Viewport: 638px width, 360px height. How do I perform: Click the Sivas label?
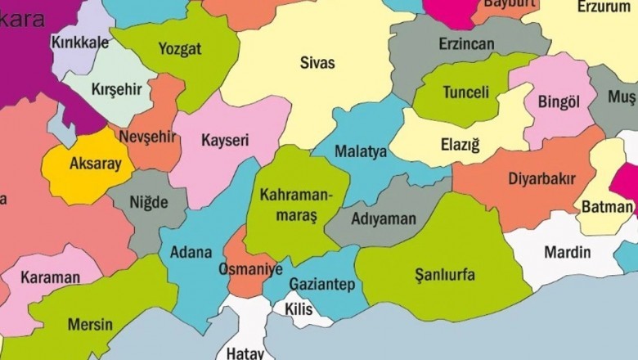[317, 63]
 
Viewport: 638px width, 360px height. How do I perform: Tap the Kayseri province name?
[225, 140]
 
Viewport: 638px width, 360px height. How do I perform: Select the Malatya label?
[361, 152]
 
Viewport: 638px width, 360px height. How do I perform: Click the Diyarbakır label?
[541, 178]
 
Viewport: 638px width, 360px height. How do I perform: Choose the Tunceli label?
[466, 92]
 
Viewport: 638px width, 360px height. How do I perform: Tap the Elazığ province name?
[461, 146]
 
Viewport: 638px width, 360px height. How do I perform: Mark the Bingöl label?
[559, 102]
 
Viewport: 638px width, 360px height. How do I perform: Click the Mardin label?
[567, 251]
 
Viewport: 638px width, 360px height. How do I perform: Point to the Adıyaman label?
[384, 219]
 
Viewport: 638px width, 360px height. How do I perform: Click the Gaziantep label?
[321, 284]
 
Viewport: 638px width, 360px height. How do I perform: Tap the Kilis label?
[299, 309]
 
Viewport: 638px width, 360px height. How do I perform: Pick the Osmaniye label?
[250, 268]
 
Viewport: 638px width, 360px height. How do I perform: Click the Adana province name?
[191, 252]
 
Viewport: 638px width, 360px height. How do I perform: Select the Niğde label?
[148, 201]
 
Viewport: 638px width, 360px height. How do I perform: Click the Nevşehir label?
[147, 136]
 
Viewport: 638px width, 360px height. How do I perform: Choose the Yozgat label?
[181, 49]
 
